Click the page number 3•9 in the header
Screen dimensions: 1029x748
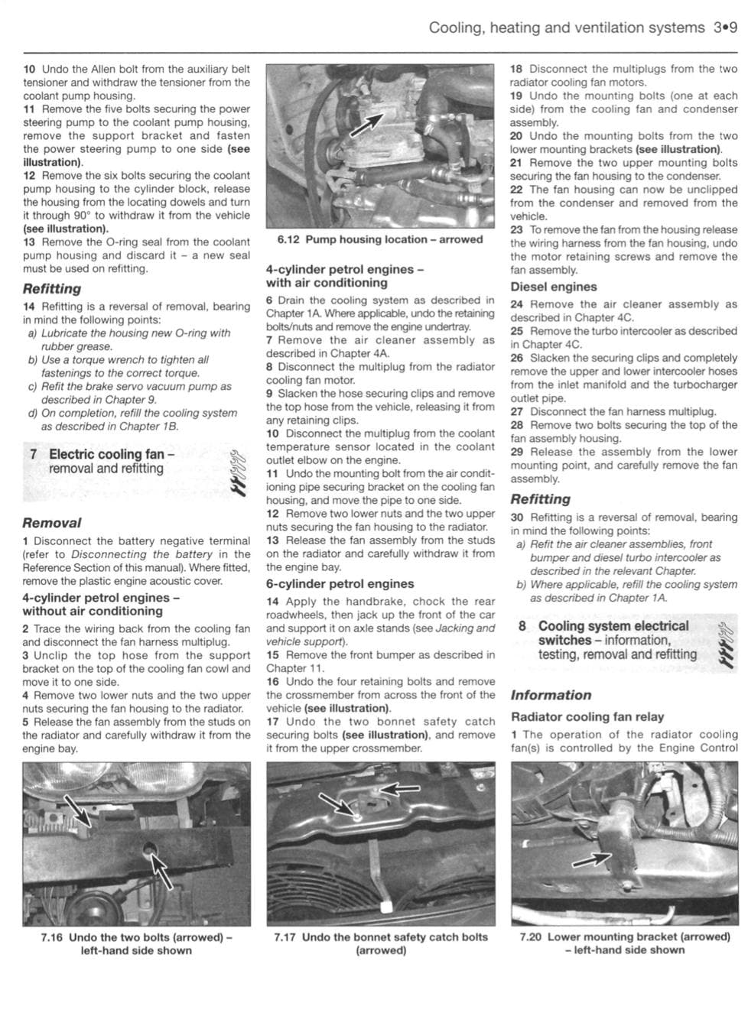[x=724, y=28]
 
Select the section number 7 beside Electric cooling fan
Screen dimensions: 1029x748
[x=34, y=454]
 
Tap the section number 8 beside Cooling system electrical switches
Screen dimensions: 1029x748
[x=522, y=626]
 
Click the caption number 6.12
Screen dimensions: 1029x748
[x=287, y=239]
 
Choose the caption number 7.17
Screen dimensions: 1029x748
[x=286, y=937]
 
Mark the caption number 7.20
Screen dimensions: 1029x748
[x=531, y=937]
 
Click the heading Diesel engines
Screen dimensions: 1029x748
[x=553, y=287]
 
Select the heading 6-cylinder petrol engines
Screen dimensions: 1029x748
[x=340, y=584]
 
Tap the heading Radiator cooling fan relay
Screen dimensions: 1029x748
[x=587, y=717]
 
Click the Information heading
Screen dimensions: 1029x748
[x=551, y=696]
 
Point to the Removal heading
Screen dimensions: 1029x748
[x=51, y=524]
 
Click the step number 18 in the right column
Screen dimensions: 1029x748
[x=516, y=69]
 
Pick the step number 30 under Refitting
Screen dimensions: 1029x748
[x=517, y=518]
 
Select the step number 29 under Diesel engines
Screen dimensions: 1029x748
[x=517, y=452]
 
